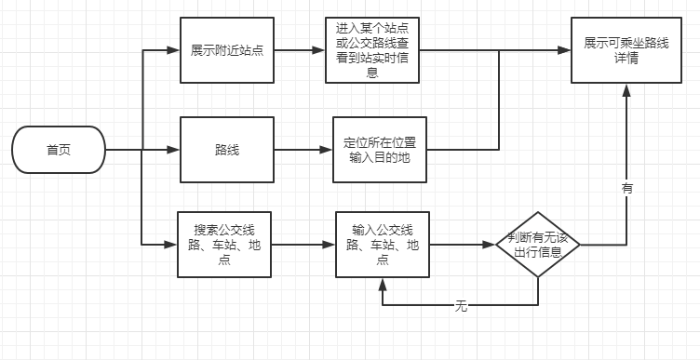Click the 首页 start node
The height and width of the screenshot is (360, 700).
pos(59,150)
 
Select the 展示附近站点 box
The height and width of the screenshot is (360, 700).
pos(226,50)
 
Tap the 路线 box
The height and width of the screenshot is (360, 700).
pos(226,150)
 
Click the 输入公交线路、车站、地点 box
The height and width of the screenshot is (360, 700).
pos(383,245)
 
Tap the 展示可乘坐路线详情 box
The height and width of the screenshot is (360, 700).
pos(624,50)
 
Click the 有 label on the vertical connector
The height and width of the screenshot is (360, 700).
pos(626,188)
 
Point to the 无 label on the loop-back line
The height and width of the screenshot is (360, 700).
pos(461,305)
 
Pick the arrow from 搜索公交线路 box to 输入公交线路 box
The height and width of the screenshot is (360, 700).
pos(304,245)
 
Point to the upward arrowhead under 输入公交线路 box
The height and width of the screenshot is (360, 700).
pos(383,284)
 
